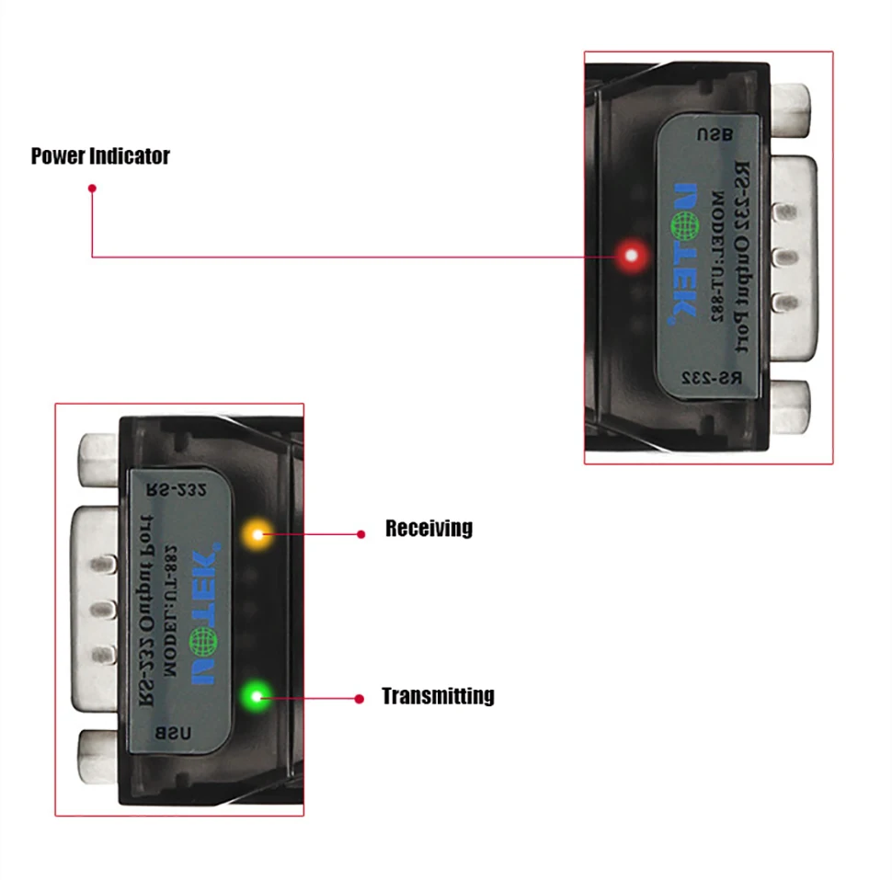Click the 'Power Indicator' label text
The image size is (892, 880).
click(100, 155)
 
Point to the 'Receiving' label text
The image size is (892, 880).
click(429, 529)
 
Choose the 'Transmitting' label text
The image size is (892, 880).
click(438, 696)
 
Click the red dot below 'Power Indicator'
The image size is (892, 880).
click(92, 189)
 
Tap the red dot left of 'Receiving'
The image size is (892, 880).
click(361, 533)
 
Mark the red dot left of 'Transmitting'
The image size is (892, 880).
click(360, 699)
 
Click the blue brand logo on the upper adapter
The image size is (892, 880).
click(687, 252)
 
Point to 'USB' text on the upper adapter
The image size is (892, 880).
click(715, 133)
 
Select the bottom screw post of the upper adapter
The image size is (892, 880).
click(790, 406)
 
